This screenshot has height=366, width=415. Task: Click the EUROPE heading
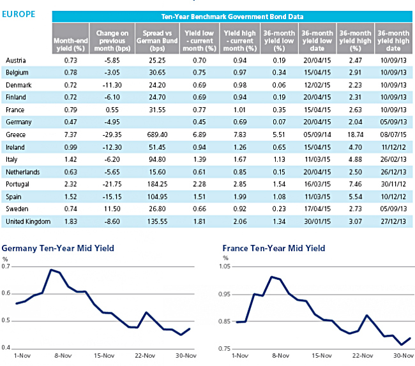(x=19, y=14)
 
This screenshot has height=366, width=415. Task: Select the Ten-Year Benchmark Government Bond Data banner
(x=232, y=17)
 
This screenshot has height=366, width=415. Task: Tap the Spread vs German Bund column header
(x=157, y=41)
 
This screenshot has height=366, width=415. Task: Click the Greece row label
(x=15, y=135)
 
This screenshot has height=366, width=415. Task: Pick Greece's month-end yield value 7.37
(x=70, y=135)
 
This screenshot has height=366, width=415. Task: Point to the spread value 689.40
(x=157, y=135)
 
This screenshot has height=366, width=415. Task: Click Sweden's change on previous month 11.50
(x=112, y=209)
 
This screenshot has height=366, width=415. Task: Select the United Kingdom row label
(x=28, y=221)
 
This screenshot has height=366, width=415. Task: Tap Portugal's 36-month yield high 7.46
(x=355, y=184)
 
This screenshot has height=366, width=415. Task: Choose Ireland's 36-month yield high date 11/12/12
(x=393, y=147)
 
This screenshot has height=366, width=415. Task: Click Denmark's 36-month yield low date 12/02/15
(x=317, y=85)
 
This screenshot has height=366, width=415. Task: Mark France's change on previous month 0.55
(x=112, y=110)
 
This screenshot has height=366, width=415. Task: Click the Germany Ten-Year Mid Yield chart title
(x=58, y=249)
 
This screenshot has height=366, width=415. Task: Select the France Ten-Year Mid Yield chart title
(x=274, y=249)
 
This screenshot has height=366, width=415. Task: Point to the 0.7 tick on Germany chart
(x=6, y=267)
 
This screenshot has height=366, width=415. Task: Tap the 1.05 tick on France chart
(x=225, y=267)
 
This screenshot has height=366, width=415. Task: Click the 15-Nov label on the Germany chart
(x=104, y=356)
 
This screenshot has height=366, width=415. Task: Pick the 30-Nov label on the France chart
(x=404, y=356)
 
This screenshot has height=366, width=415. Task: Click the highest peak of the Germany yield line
(x=51, y=270)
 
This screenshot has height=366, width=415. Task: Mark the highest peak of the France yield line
(x=271, y=277)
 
